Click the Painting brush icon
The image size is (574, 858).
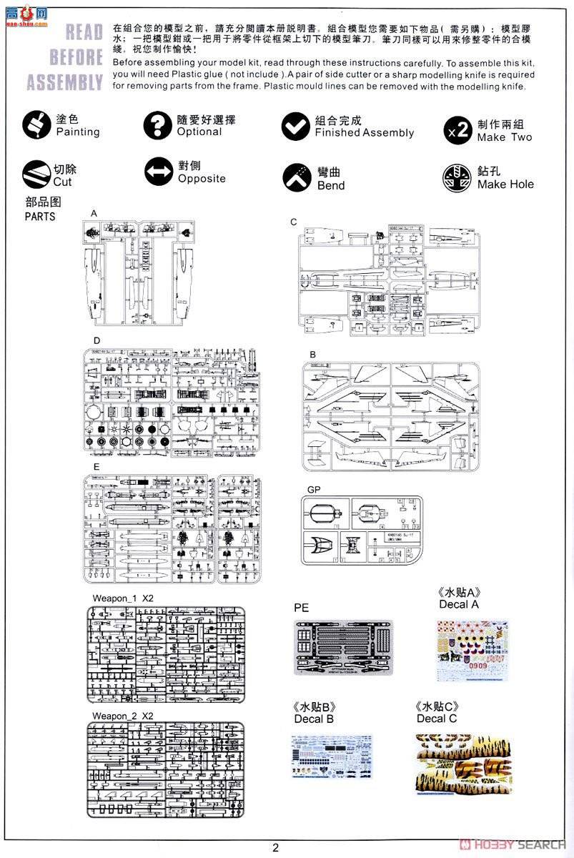[36, 125]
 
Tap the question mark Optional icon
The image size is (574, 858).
[157, 125]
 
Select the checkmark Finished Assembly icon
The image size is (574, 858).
[295, 126]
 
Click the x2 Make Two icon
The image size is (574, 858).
[457, 129]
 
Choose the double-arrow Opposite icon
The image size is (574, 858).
[157, 172]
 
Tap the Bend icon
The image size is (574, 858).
[295, 177]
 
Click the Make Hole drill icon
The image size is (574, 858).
[457, 178]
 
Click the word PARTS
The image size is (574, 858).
[40, 216]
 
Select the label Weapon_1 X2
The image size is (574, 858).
[122, 598]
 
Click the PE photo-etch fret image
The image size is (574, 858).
[343, 648]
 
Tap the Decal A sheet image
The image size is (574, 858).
[472, 651]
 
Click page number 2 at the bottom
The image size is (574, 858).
[275, 848]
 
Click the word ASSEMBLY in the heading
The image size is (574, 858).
[65, 82]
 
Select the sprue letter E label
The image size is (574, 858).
[96, 467]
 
